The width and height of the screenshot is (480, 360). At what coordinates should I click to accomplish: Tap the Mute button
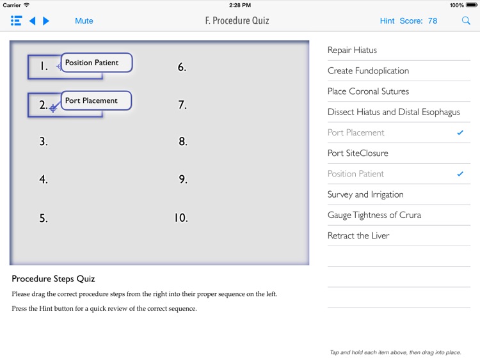pos(84,21)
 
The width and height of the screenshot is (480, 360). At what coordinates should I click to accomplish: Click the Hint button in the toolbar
pos(387,21)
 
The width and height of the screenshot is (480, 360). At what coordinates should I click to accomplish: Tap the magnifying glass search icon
pos(466,21)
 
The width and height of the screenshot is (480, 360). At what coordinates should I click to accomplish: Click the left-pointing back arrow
pos(32,21)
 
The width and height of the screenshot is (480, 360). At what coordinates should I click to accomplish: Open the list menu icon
pos(16,21)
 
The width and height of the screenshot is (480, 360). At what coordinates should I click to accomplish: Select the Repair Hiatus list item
pos(352,50)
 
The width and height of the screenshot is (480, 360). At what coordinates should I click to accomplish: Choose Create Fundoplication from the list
pos(368,70)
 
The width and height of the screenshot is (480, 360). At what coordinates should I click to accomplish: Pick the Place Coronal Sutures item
pos(368,91)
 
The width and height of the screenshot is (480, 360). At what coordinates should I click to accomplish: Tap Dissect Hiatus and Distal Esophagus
pos(394,112)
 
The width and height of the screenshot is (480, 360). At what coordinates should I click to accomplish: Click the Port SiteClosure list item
pos(358,153)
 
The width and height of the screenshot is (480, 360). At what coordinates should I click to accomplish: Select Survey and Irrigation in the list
pos(365,194)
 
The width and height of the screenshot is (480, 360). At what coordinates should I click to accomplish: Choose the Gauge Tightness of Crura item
pos(374,215)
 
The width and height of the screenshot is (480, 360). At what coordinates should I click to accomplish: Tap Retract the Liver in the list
pos(358,235)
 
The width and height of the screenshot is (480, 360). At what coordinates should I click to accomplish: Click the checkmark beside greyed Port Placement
pos(460,132)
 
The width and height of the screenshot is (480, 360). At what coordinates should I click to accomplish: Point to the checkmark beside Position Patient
pos(460,174)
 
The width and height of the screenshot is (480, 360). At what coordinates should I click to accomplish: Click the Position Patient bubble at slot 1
pos(97,63)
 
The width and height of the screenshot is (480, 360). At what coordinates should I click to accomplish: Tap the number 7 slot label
pos(182,105)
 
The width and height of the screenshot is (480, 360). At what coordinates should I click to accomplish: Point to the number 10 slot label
pos(181,218)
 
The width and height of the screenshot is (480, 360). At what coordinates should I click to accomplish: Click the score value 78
pos(433,21)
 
